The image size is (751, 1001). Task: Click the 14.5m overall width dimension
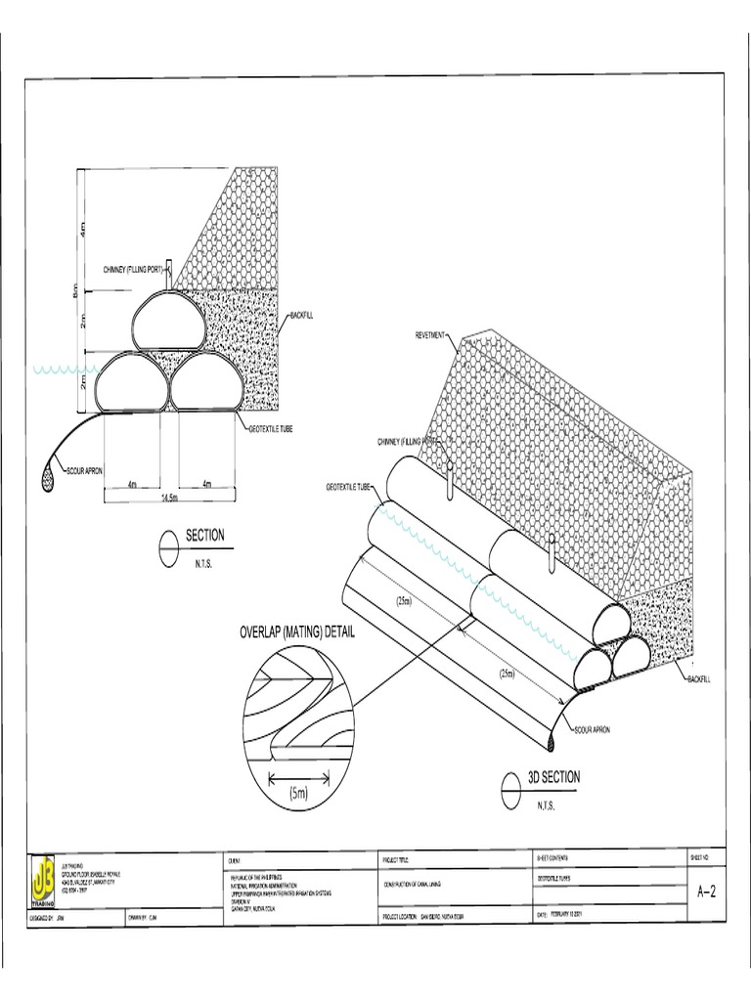[168, 498]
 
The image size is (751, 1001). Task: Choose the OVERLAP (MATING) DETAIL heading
[297, 632]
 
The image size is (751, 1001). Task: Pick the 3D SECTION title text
[553, 777]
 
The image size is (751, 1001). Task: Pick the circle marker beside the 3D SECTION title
[510, 785]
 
